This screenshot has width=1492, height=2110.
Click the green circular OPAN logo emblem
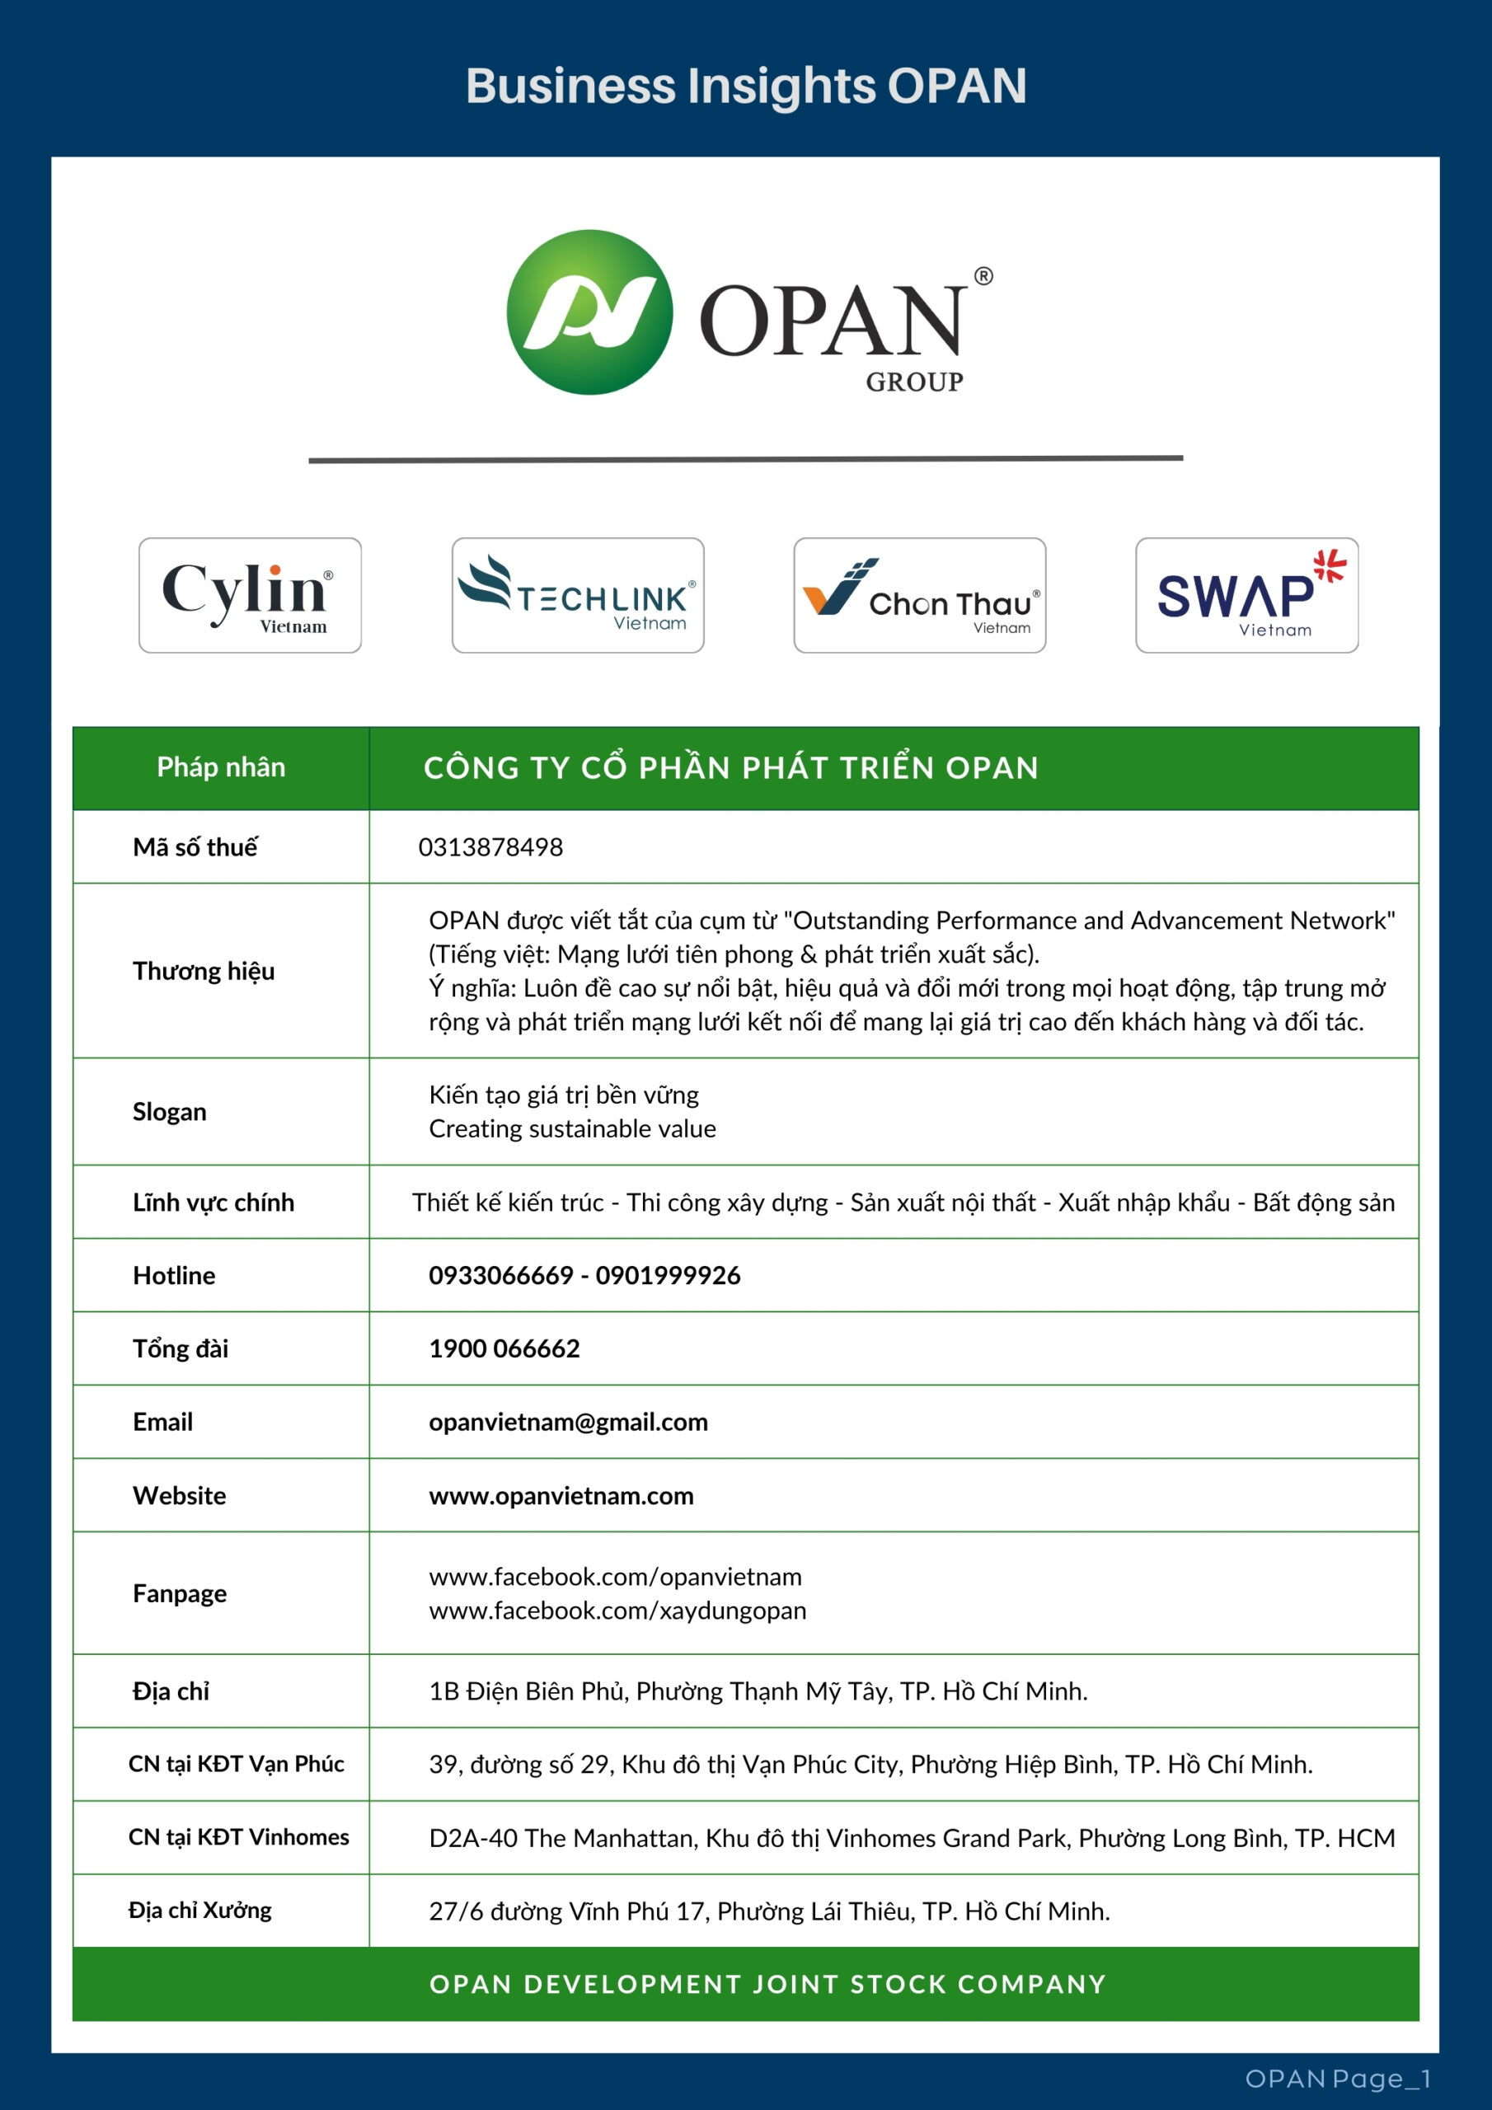[589, 312]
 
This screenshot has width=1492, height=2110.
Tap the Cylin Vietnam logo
[250, 596]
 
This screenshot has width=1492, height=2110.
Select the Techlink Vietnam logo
[577, 596]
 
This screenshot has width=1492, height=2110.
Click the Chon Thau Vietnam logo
[919, 596]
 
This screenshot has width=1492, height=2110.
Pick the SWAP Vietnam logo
[1246, 596]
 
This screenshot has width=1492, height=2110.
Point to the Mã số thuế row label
[195, 847]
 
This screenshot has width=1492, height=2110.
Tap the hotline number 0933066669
[501, 1276]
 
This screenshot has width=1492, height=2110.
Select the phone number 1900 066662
[504, 1349]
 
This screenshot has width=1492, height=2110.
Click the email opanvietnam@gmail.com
[568, 1423]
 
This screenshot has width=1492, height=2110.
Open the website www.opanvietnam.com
[561, 1496]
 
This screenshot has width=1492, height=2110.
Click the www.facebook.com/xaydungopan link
[617, 1611]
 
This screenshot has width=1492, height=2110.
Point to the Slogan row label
[169, 1112]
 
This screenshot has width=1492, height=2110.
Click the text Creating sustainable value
[572, 1128]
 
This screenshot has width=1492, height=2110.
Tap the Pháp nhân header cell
[221, 767]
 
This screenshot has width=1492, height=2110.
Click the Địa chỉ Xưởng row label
[199, 1911]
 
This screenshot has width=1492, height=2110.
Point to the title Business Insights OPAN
[745, 86]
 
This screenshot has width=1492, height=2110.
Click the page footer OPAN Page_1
[1338, 2079]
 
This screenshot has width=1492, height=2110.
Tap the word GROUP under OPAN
[914, 382]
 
